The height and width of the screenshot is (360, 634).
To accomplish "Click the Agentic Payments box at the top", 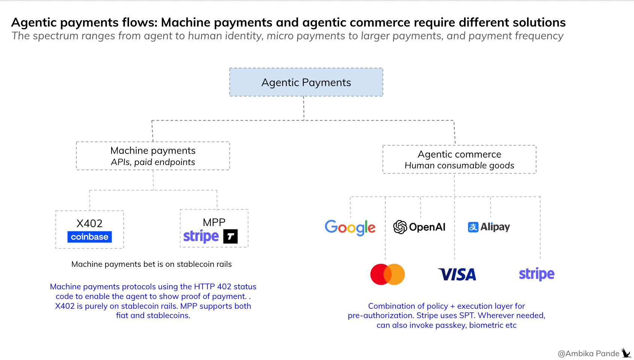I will [306, 82].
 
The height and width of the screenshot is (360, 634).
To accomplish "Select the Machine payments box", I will [153, 156].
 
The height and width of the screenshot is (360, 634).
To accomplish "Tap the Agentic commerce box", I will [459, 159].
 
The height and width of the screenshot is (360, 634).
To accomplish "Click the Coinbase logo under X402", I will [89, 237].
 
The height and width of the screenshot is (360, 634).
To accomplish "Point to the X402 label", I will [89, 223].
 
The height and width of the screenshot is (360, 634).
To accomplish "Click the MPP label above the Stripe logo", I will [214, 222].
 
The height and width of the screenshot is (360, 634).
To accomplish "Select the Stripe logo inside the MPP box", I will [201, 237].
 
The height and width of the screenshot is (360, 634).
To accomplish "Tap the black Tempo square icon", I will [231, 237].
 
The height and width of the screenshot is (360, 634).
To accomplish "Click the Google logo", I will [350, 228].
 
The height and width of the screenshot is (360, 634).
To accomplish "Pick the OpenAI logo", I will [419, 227].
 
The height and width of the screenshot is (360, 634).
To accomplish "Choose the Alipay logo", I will [489, 227].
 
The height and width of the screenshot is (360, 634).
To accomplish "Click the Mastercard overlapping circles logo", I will [387, 274].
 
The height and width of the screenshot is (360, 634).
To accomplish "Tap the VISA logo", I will [457, 275].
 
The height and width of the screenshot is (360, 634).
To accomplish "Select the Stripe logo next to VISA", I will [536, 274].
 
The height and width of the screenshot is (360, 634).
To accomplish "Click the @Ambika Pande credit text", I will [588, 354].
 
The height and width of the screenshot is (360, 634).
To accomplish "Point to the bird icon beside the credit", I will [626, 353].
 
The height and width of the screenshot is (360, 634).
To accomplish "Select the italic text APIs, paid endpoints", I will [153, 162].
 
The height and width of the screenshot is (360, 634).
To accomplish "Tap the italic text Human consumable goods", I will [459, 165].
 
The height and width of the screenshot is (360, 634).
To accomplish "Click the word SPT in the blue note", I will [467, 315].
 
